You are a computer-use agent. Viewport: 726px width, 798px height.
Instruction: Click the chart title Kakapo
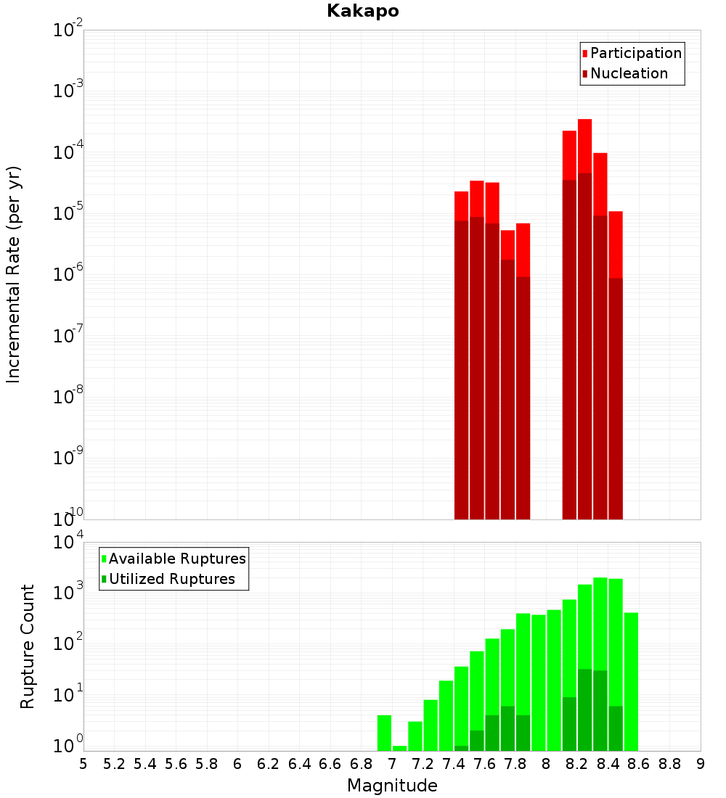click(x=362, y=11)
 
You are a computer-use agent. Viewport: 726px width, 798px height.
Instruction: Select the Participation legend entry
click(x=635, y=53)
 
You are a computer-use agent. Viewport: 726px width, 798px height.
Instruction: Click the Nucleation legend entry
click(x=629, y=73)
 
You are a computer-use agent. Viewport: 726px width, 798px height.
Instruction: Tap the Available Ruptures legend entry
click(x=176, y=559)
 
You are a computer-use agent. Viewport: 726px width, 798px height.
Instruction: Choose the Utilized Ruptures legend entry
click(x=171, y=579)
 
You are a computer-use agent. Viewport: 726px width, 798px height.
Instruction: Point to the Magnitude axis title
click(x=392, y=786)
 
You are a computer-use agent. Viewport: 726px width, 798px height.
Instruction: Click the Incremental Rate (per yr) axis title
click(x=14, y=274)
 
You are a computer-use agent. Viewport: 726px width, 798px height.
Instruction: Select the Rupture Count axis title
click(x=28, y=646)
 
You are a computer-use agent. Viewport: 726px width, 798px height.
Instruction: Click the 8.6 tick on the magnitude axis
click(x=639, y=764)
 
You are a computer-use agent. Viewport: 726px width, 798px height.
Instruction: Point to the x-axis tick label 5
click(x=83, y=764)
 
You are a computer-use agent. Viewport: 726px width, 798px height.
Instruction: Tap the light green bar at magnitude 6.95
click(x=384, y=733)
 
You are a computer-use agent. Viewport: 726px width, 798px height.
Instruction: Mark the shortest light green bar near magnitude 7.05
click(x=399, y=748)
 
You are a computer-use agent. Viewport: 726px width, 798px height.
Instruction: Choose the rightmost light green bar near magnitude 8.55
click(x=631, y=682)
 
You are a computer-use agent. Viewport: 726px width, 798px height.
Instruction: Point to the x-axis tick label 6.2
click(x=269, y=764)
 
